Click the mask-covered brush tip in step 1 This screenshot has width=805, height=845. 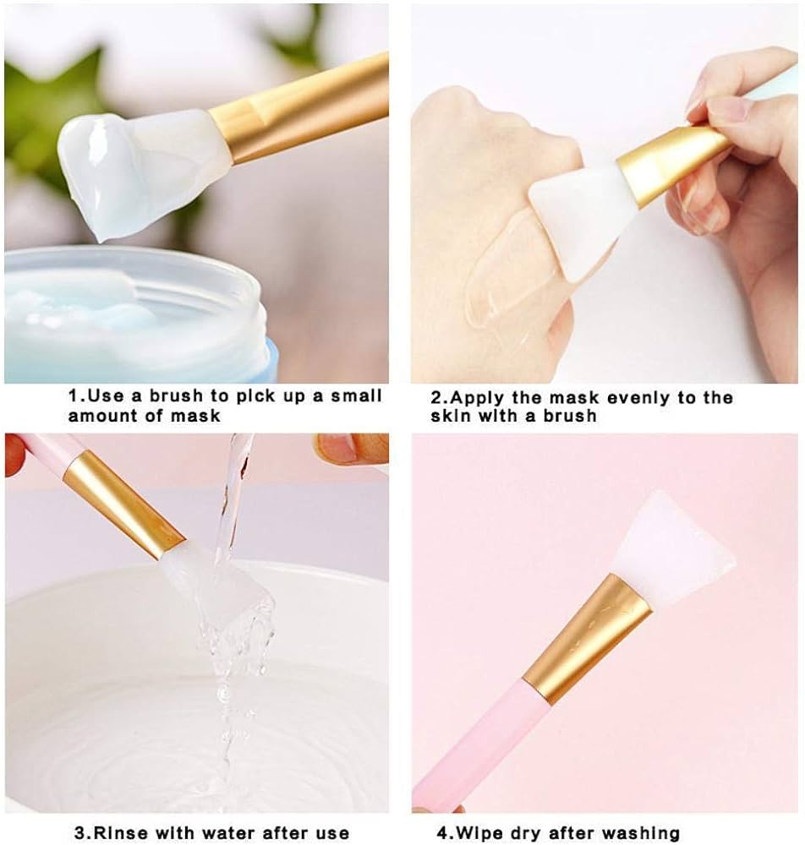pyautogui.click(x=127, y=169)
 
